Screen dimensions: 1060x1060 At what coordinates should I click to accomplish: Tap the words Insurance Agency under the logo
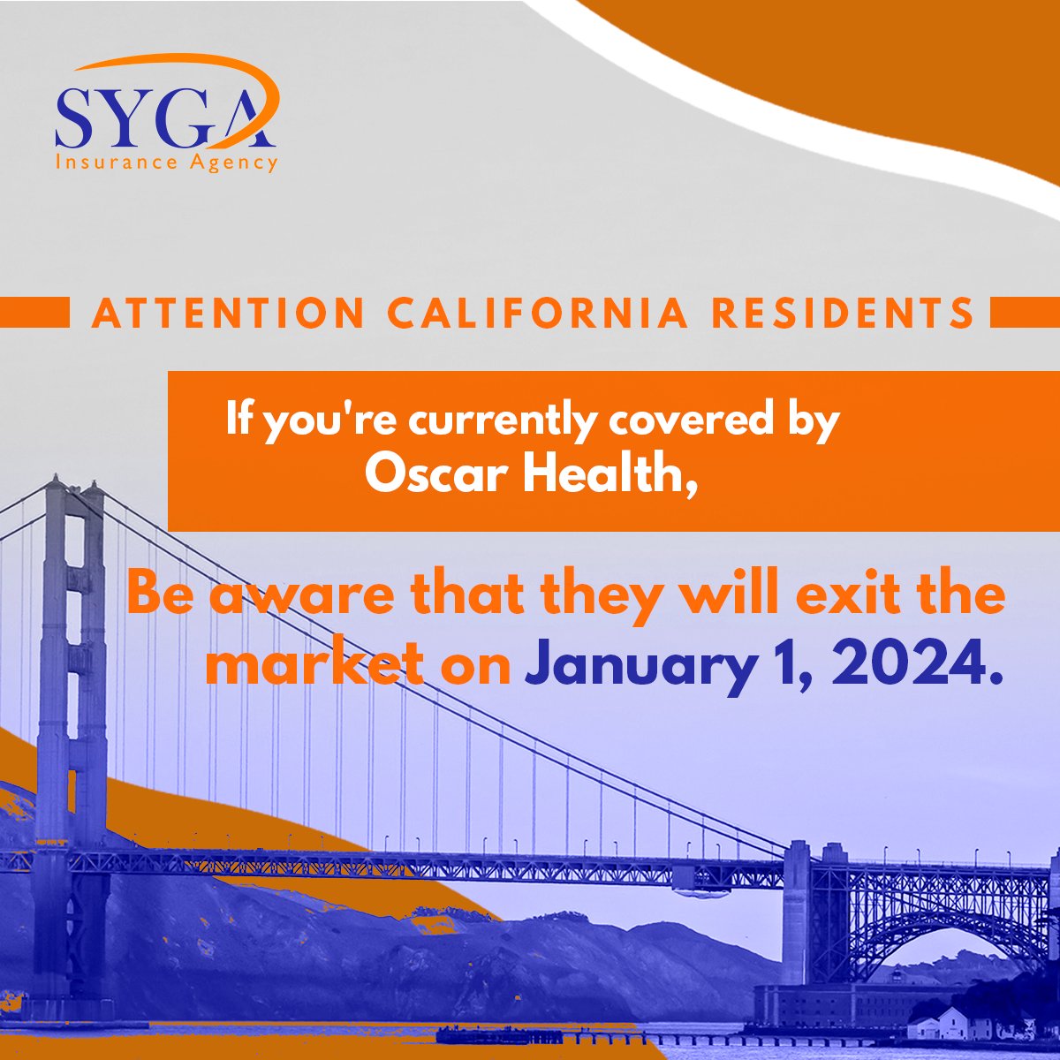(x=166, y=163)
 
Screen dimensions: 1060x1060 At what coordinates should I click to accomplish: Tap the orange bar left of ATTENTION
(x=35, y=313)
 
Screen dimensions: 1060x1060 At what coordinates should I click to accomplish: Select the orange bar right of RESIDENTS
(x=1025, y=313)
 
